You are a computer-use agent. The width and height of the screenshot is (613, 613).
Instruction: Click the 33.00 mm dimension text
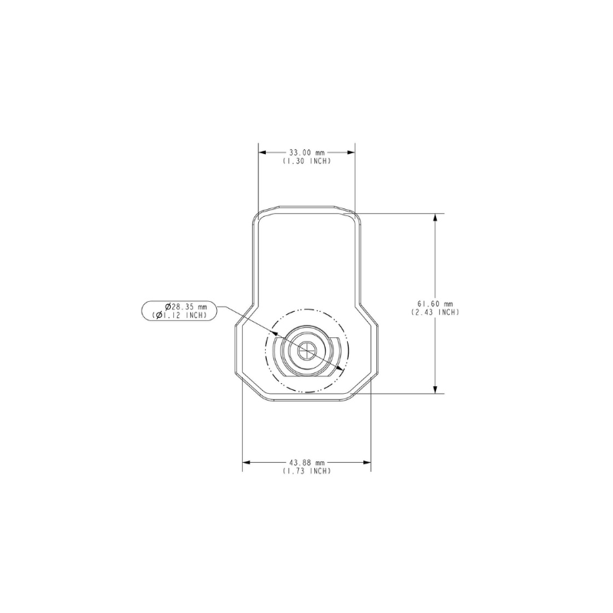(307, 152)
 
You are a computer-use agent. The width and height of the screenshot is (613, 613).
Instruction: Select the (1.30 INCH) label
(307, 161)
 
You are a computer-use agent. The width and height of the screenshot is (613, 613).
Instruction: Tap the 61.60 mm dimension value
(435, 303)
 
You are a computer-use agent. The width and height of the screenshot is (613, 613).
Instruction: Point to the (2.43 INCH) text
(435, 312)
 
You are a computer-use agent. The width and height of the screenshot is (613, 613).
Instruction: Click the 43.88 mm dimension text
(307, 463)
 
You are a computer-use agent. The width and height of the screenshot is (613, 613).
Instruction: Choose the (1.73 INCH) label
(307, 471)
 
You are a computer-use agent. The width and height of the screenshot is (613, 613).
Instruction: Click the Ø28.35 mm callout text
(185, 306)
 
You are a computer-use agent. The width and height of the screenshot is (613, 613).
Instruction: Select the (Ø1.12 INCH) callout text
(179, 315)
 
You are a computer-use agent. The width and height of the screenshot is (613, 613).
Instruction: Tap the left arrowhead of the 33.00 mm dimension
(263, 152)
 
